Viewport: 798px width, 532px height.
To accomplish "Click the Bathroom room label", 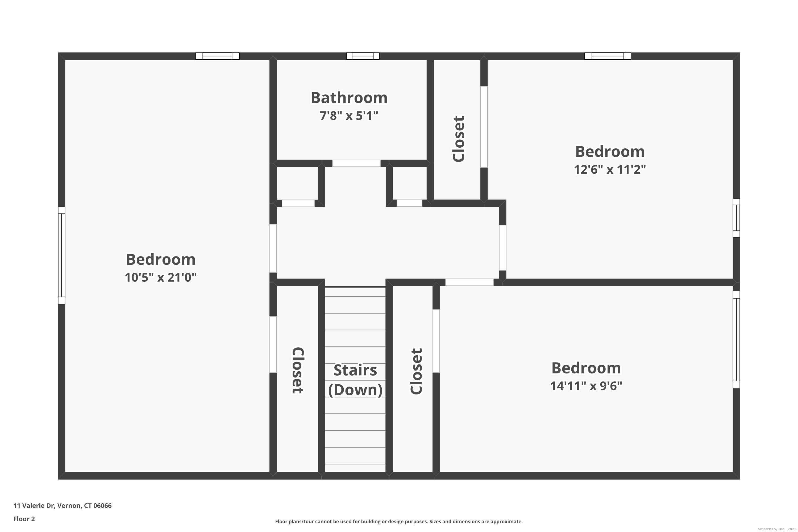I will pos(349,98).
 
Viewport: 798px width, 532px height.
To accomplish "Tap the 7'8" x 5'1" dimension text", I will pos(349,116).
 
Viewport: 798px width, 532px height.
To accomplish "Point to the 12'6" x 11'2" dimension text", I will pos(609,169).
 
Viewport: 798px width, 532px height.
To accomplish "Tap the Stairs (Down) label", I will pos(355,380).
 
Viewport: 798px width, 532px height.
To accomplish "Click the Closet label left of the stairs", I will pos(298,371).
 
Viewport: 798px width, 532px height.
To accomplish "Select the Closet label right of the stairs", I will pos(416,371).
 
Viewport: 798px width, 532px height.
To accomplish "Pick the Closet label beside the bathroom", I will pos(458,139).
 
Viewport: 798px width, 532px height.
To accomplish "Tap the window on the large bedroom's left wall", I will pos(61,255).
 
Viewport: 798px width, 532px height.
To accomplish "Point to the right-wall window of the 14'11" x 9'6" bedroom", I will pos(736,339).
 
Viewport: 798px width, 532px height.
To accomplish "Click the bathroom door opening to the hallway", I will pos(356,163).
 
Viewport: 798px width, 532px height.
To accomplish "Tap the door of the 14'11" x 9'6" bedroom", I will pos(469,282).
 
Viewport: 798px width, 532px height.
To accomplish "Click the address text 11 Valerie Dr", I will pos(63,506).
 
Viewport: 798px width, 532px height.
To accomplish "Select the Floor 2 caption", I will pos(24,519).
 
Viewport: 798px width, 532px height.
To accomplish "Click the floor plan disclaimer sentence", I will pos(399,521).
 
